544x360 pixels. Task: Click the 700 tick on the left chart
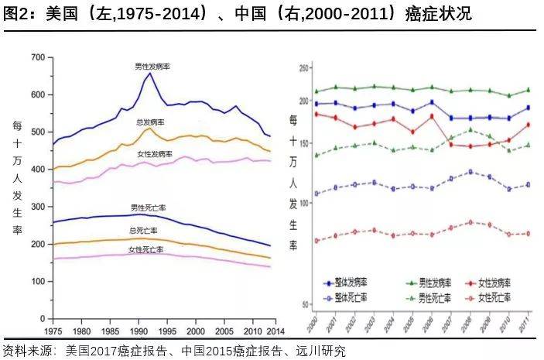click(36, 57)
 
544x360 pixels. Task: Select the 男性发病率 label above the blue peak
click(152, 67)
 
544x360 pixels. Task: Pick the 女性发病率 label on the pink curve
click(155, 155)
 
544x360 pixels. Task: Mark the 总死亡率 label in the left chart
click(143, 231)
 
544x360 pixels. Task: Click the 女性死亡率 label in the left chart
click(145, 249)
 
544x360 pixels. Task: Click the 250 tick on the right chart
click(304, 69)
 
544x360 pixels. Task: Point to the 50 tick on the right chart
click(306, 303)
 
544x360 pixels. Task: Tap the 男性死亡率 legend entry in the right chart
click(423, 297)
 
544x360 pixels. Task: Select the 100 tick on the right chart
click(304, 202)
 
